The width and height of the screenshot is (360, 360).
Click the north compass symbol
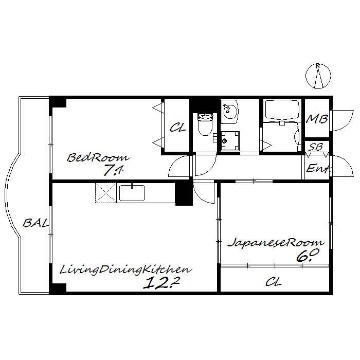[x=318, y=76]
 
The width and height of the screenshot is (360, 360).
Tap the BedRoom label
[x=98, y=158]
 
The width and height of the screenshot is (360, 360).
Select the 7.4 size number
[x=114, y=170]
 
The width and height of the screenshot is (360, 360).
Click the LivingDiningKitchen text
[x=125, y=270]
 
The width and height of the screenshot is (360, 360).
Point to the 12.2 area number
[x=161, y=283]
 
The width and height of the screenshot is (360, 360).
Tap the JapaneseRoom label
[x=276, y=243]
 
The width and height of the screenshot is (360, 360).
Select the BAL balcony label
[x=36, y=223]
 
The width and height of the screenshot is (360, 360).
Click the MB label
[x=317, y=119]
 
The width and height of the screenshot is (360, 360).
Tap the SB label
[x=316, y=147]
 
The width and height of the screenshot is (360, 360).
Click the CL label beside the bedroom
[x=178, y=128]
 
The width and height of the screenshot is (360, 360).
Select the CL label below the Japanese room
[x=274, y=281]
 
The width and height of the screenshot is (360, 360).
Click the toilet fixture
[x=205, y=124]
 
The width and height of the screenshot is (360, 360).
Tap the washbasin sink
[x=230, y=112]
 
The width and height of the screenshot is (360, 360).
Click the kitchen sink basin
[x=132, y=193]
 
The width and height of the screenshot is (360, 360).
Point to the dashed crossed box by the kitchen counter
[x=105, y=193]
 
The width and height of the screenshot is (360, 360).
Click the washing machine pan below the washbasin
[x=230, y=141]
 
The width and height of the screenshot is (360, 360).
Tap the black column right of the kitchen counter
[x=184, y=193]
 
